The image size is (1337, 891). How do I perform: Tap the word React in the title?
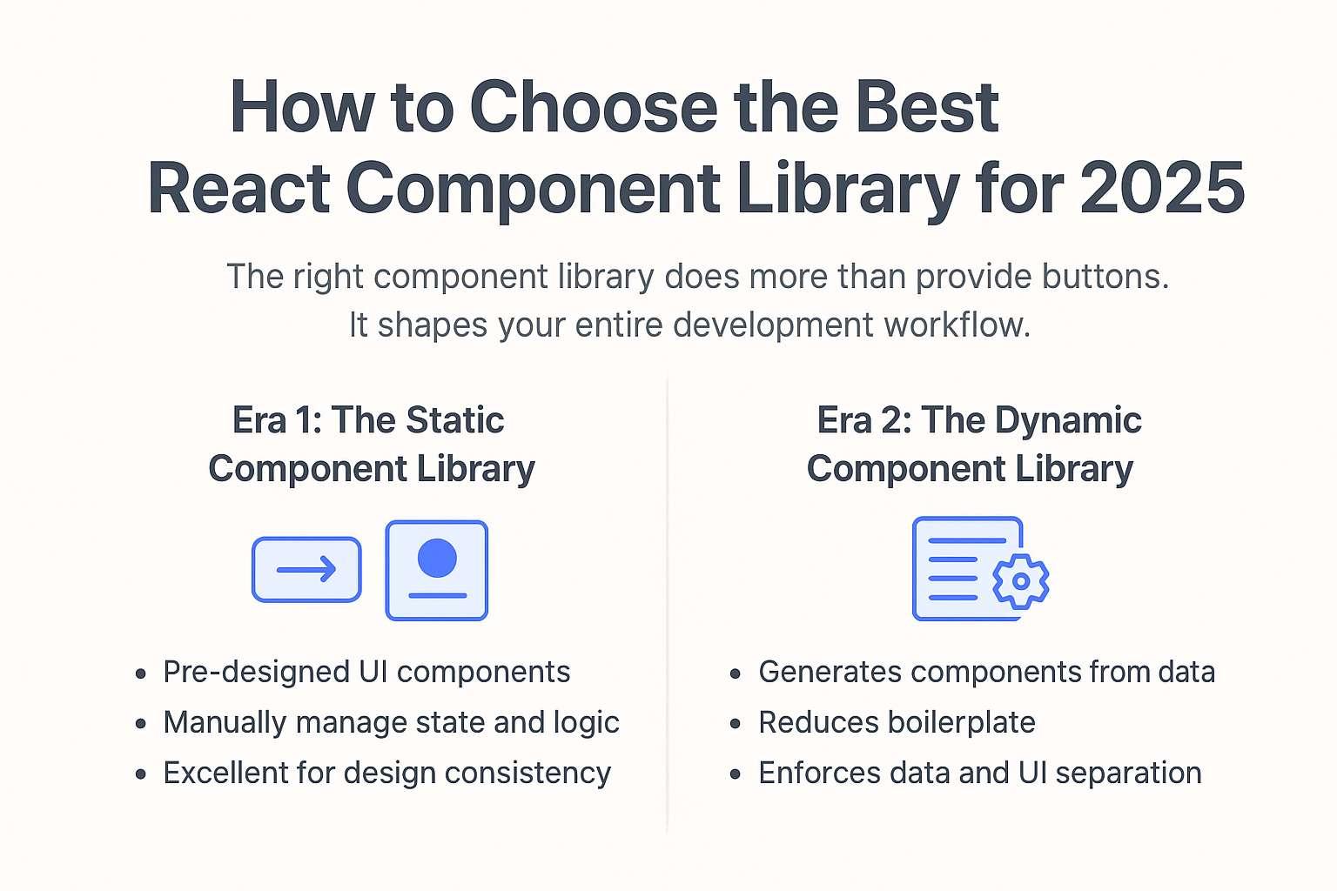(x=239, y=188)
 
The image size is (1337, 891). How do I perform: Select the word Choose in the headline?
(x=594, y=108)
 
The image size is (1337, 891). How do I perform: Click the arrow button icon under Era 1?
(x=306, y=570)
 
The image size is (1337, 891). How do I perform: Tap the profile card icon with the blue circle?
(x=436, y=570)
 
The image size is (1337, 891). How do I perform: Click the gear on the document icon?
(x=1020, y=580)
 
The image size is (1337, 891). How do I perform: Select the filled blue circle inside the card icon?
(x=437, y=557)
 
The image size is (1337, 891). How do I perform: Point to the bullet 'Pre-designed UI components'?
(x=366, y=673)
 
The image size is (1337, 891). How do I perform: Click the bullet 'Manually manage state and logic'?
(x=391, y=723)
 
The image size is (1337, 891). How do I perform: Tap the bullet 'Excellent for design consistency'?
(x=386, y=774)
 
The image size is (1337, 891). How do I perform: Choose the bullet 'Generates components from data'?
(x=986, y=673)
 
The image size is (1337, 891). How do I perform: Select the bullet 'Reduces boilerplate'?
(x=897, y=723)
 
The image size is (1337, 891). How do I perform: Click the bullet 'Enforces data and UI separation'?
(x=979, y=774)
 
